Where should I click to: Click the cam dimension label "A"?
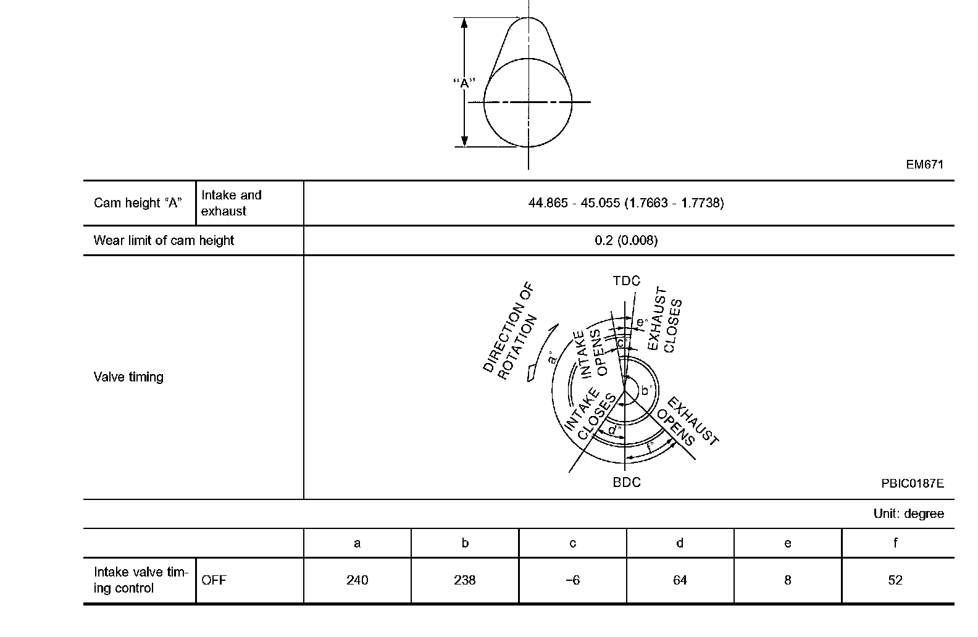pos(464,82)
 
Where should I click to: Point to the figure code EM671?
pos(925,164)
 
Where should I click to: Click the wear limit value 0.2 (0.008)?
pos(626,240)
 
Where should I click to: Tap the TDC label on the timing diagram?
pos(626,281)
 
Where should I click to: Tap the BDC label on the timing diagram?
pos(627,482)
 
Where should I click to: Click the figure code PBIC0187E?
pos(913,483)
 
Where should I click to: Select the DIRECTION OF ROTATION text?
pos(510,330)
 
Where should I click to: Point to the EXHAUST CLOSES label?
pos(664,319)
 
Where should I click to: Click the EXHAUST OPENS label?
pos(687,422)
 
